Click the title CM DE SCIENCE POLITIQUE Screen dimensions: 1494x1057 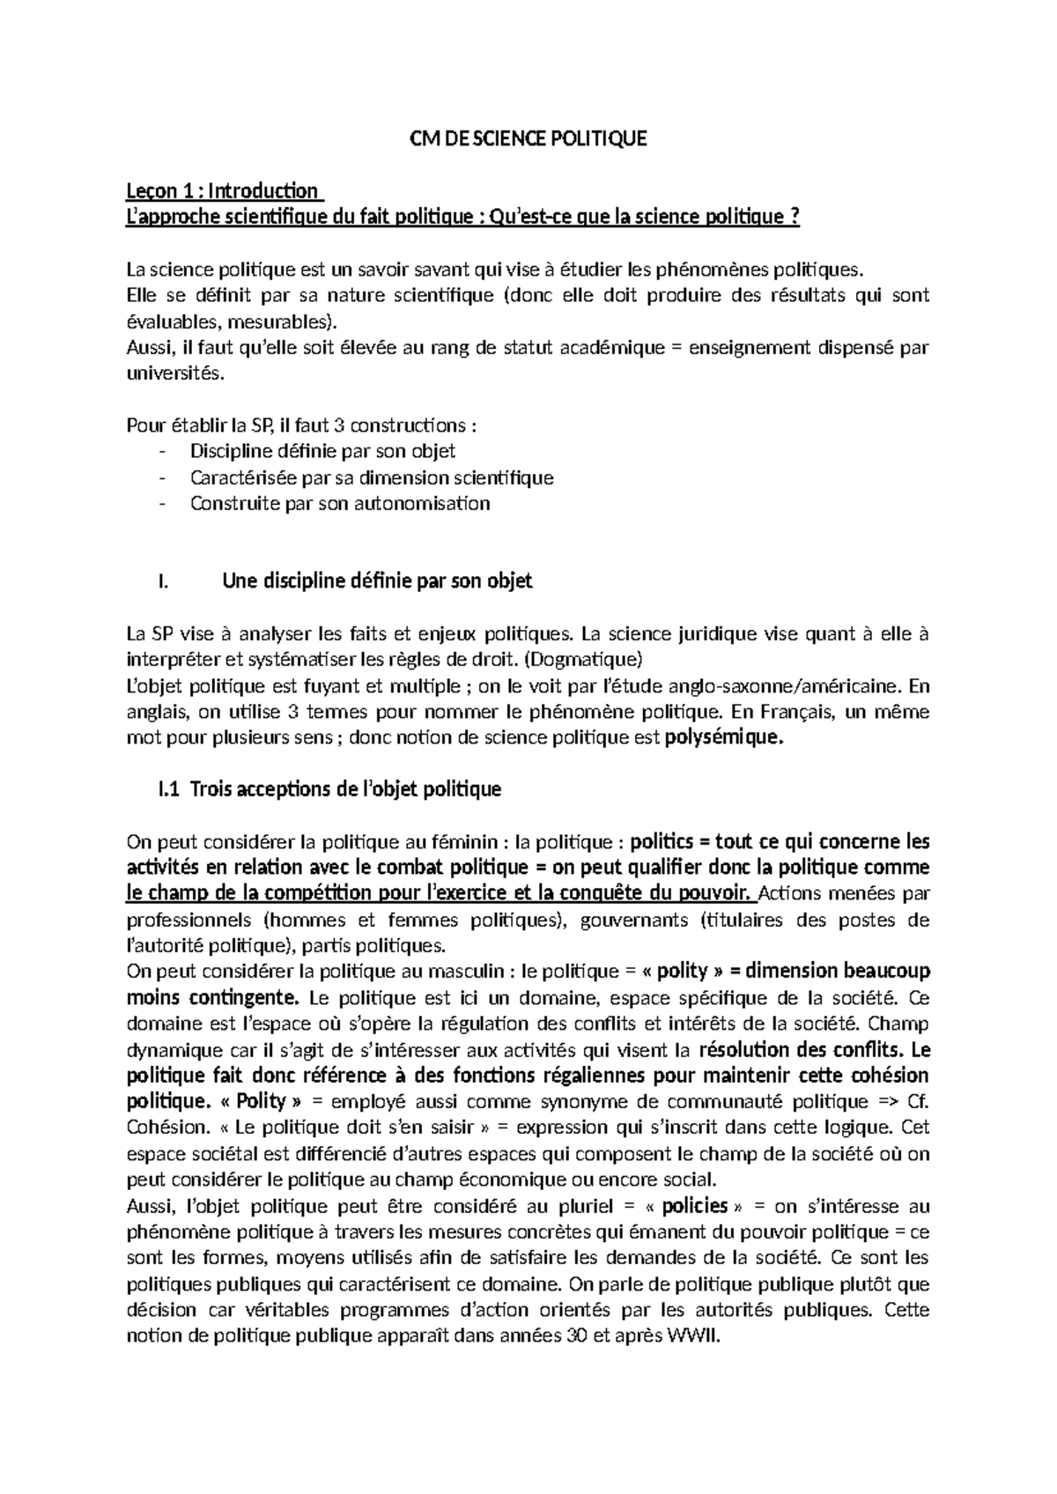(x=529, y=139)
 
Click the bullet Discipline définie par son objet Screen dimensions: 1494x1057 (x=322, y=452)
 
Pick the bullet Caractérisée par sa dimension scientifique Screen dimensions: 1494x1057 (x=371, y=478)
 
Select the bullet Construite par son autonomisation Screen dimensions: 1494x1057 (x=339, y=504)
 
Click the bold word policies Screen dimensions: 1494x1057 (x=695, y=1206)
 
